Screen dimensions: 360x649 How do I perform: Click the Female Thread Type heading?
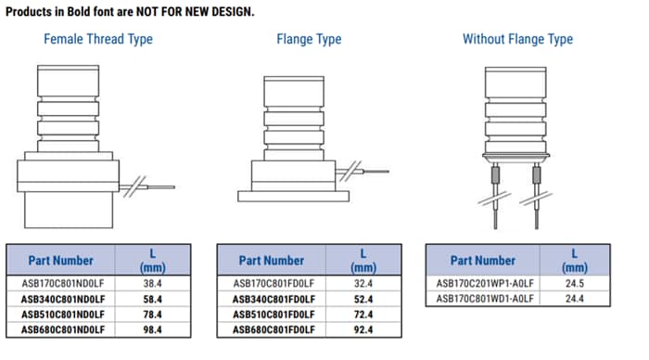pyautogui.click(x=98, y=39)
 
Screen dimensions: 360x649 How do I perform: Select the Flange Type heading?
pyautogui.click(x=309, y=39)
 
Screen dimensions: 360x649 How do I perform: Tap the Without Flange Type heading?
pyautogui.click(x=517, y=39)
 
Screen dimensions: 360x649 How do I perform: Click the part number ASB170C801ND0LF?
pyautogui.click(x=63, y=282)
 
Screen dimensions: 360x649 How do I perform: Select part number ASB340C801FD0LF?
pyautogui.click(x=273, y=298)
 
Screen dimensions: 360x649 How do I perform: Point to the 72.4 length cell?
pyautogui.click(x=363, y=314)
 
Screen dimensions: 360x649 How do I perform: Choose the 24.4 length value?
pyautogui.click(x=574, y=298)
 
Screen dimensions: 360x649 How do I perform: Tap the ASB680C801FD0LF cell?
pyautogui.click(x=273, y=329)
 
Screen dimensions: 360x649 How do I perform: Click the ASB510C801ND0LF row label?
pyautogui.click(x=63, y=314)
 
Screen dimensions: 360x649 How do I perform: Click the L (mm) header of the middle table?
pyautogui.click(x=363, y=260)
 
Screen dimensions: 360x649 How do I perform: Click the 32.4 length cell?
pyautogui.click(x=363, y=282)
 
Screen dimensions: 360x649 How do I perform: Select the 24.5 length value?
pyautogui.click(x=574, y=282)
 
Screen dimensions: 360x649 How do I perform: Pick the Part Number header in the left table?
pyautogui.click(x=63, y=260)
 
